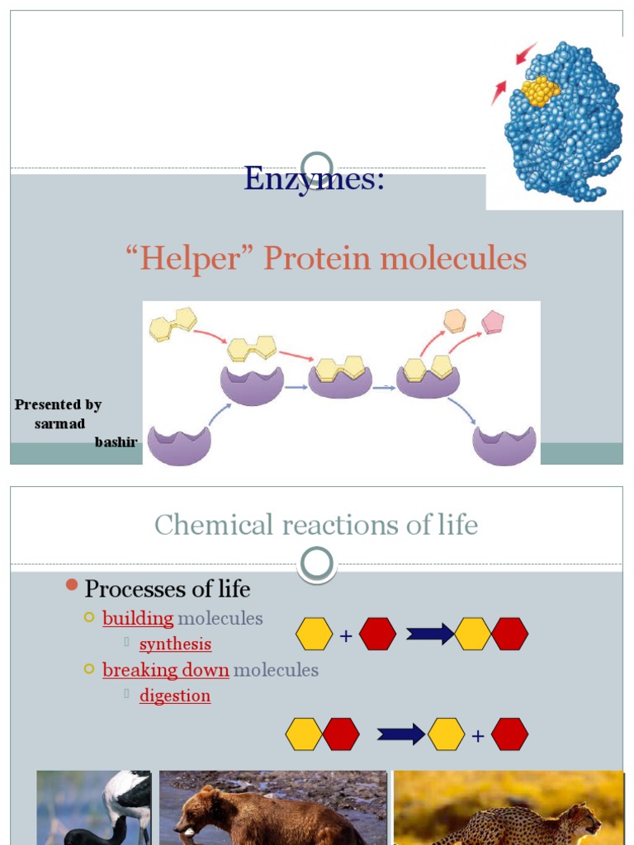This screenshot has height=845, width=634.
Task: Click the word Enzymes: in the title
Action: (315, 178)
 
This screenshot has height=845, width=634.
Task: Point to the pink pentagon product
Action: (493, 322)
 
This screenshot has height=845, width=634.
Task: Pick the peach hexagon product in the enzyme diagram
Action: (454, 320)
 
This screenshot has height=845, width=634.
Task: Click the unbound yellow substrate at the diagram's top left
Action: (173, 324)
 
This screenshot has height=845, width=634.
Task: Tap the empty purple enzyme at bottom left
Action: (179, 446)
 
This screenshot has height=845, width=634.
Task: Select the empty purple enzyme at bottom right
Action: (504, 446)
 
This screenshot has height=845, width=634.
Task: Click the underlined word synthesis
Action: (175, 644)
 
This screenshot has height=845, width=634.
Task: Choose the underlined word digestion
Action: (175, 696)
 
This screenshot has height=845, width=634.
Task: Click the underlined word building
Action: (138, 618)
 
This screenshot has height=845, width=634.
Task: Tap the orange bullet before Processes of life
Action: (71, 586)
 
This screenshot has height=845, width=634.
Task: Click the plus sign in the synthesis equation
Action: (346, 635)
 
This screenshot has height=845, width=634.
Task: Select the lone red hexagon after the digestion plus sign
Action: (509, 734)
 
